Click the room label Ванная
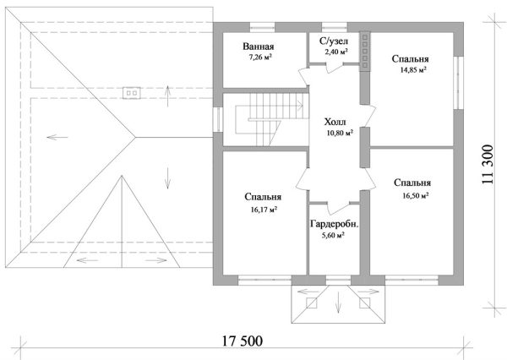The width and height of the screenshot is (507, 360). (259, 46)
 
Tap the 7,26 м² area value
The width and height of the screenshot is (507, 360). (260, 57)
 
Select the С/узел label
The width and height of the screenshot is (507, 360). (334, 41)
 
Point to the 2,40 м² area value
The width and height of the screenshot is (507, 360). (336, 51)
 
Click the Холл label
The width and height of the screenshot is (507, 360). (335, 122)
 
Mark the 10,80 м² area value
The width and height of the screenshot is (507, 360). (340, 133)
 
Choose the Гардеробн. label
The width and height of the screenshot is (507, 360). (335, 224)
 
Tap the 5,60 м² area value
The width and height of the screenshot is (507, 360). (333, 236)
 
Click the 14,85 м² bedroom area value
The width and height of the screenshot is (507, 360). (413, 70)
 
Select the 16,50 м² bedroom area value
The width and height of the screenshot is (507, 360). (416, 195)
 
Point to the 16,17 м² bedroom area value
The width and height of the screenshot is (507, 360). (264, 210)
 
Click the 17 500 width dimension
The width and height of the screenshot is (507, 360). (243, 341)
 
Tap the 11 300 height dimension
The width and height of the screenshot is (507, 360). (488, 164)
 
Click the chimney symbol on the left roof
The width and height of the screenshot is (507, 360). (132, 93)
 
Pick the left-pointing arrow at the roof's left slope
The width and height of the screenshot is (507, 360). (57, 138)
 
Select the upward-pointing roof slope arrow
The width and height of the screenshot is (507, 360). (167, 96)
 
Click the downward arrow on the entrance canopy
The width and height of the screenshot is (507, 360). (338, 302)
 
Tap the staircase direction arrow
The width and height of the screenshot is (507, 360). (299, 105)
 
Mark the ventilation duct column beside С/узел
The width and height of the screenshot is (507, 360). (365, 51)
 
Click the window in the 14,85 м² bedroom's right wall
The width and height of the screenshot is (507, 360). (458, 83)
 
